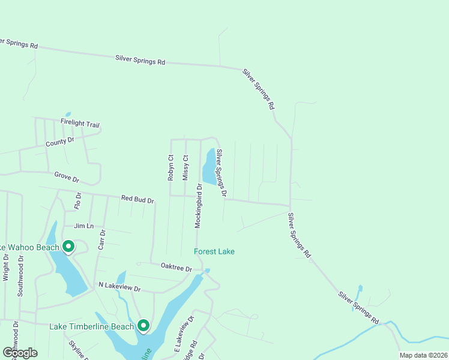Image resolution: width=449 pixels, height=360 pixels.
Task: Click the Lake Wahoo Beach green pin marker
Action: tap(68, 247)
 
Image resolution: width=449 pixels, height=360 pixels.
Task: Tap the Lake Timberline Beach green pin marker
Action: tap(143, 326)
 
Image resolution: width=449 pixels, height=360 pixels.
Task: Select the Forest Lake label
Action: tap(214, 251)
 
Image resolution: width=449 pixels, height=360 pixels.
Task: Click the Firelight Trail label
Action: tap(79, 124)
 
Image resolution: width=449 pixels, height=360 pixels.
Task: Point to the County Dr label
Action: tap(59, 142)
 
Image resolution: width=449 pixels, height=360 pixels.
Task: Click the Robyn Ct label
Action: tap(170, 167)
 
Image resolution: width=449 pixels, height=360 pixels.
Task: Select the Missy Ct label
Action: tap(185, 167)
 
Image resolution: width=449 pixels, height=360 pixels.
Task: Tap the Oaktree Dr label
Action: tap(176, 267)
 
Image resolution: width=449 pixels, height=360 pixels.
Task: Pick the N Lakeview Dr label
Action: tap(119, 288)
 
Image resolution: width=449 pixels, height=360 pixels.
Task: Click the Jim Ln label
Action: tap(83, 226)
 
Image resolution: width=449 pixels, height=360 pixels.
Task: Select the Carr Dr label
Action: tap(101, 240)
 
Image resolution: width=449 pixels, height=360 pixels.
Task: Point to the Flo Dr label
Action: tap(78, 200)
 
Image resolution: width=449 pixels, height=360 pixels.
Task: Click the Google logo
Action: tap(19, 352)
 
